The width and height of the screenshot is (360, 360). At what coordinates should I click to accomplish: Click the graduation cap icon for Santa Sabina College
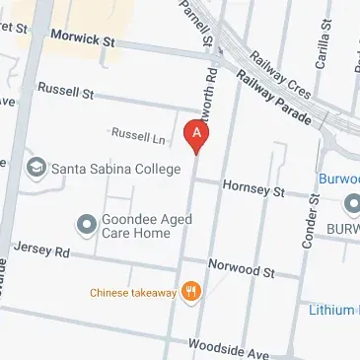(x=37, y=166)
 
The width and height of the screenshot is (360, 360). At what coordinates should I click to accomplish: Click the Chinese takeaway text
(x=132, y=292)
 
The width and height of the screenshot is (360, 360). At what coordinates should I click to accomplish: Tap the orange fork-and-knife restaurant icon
(x=192, y=292)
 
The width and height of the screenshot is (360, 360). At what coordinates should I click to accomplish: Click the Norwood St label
(x=241, y=266)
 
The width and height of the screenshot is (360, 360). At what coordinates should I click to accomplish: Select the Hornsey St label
(x=253, y=187)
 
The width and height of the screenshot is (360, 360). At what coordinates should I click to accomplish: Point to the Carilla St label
(x=323, y=44)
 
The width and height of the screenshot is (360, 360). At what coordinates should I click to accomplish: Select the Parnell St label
(x=194, y=22)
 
